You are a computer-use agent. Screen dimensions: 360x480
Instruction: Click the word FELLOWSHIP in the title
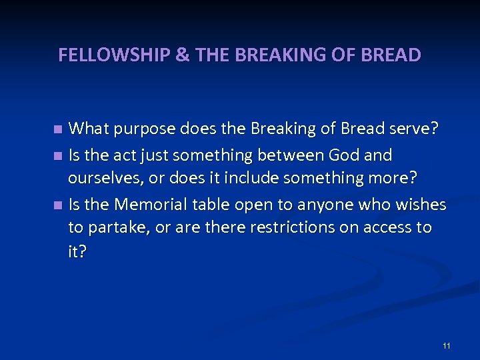tap(114, 55)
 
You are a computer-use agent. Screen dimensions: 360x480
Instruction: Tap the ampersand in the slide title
tap(182, 55)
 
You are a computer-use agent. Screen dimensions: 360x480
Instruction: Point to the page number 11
tap(446, 345)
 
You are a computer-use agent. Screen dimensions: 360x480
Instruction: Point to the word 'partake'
tap(119, 227)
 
